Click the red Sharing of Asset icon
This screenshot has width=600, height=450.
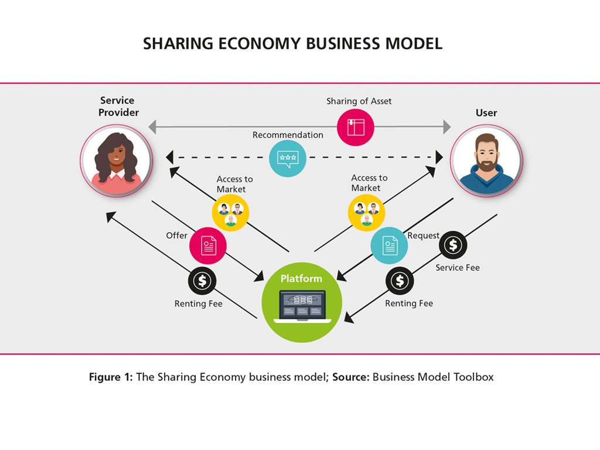tap(356, 127)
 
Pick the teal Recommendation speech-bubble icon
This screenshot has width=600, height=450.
tap(287, 158)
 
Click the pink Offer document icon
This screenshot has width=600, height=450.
tap(208, 245)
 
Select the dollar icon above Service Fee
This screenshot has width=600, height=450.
tap(453, 246)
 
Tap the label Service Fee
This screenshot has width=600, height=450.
tap(458, 268)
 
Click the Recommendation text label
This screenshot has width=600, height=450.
tap(288, 135)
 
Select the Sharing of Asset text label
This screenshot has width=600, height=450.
tap(359, 101)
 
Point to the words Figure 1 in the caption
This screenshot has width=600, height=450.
tap(111, 377)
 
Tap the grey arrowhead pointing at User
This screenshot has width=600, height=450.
tap(447, 127)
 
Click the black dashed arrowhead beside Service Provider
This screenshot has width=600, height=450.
tap(171, 158)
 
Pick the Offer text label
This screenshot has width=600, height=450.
tap(176, 236)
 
